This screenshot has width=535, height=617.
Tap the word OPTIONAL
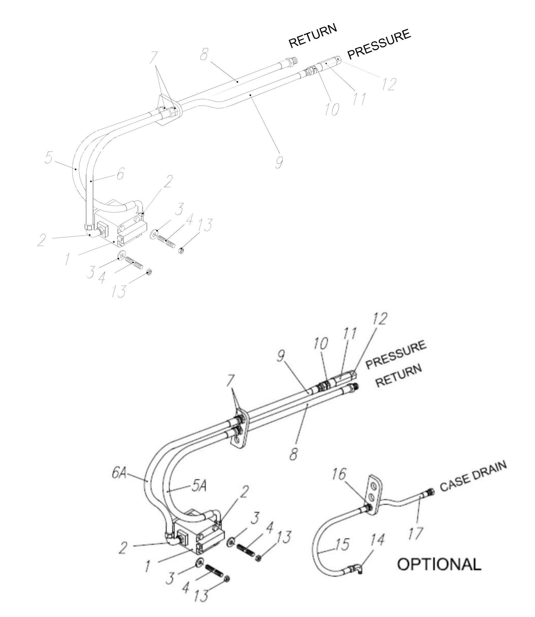tap(439, 564)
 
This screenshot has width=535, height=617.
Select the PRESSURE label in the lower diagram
tap(395, 354)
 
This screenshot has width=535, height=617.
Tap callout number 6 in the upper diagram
tap(120, 173)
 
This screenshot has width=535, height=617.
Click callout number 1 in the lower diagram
tap(148, 566)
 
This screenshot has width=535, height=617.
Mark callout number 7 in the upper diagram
tap(154, 58)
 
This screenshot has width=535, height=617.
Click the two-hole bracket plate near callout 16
tap(375, 495)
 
